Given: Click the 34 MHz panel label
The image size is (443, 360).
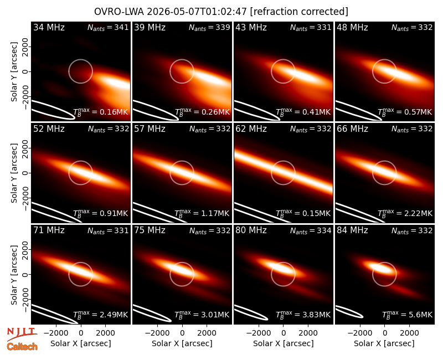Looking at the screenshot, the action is pyautogui.click(x=49, y=27).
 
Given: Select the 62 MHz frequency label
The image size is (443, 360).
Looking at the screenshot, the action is pyautogui.click(x=251, y=129).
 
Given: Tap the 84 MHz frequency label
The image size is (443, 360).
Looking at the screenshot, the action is pyautogui.click(x=352, y=230).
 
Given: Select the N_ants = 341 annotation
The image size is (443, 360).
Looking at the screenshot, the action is pyautogui.click(x=108, y=27).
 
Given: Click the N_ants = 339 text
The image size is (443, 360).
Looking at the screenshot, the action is pyautogui.click(x=209, y=27).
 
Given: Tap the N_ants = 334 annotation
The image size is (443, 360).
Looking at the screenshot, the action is pyautogui.click(x=311, y=230).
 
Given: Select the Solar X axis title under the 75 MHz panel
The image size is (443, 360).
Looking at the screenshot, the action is pyautogui.click(x=182, y=343).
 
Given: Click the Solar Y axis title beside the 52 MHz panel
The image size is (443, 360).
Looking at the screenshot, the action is pyautogui.click(x=14, y=173).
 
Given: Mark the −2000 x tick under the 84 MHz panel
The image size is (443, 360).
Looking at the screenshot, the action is pyautogui.click(x=359, y=333).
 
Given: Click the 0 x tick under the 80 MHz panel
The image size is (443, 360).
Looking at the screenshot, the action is pyautogui.click(x=284, y=333).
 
